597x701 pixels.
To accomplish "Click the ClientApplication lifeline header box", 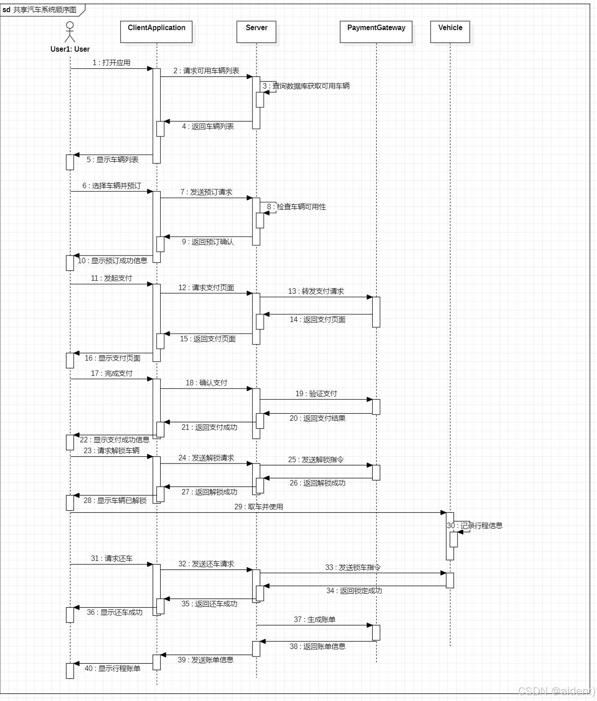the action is [x=156, y=31].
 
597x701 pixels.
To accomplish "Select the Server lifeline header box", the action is [x=256, y=31].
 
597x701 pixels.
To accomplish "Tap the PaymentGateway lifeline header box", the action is [x=376, y=31].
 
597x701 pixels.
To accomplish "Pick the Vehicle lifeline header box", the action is [x=450, y=31].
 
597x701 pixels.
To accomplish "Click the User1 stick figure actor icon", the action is [x=70, y=32].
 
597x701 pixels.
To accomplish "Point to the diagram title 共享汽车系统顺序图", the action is [x=44, y=9].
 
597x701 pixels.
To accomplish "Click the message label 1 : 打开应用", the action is [x=111, y=63].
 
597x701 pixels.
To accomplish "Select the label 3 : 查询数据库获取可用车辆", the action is [x=306, y=86].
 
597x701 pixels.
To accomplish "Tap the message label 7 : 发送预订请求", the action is [x=206, y=192].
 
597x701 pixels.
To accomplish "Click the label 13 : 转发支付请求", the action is [x=316, y=291].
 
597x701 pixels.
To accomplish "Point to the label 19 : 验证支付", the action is [x=316, y=394].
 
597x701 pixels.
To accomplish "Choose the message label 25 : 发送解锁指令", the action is [x=316, y=460].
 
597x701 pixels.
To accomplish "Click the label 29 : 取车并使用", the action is [x=258, y=507].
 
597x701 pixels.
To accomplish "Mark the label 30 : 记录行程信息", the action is [x=475, y=526].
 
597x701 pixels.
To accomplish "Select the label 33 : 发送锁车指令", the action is [x=353, y=568].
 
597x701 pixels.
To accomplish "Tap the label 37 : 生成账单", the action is [x=314, y=620].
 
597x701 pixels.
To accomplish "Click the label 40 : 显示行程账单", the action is [x=113, y=669].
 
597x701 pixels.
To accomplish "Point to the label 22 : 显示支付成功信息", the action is [x=115, y=440].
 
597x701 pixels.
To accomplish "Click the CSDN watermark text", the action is [x=556, y=691].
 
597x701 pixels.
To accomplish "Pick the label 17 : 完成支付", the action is [x=112, y=374].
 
